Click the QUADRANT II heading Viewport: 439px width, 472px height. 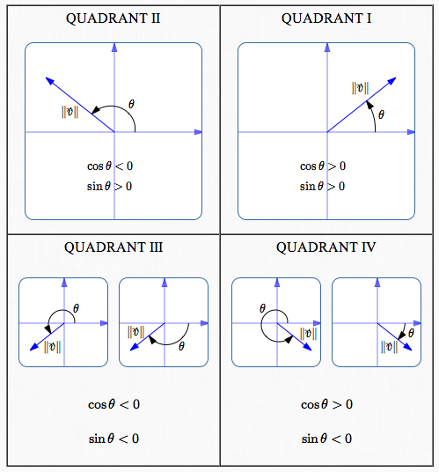[x=113, y=18]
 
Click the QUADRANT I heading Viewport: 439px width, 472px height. [x=326, y=18]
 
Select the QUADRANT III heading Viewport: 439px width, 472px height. [x=113, y=247]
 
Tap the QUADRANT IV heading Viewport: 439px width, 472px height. [x=326, y=247]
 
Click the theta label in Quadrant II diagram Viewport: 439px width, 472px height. [x=132, y=104]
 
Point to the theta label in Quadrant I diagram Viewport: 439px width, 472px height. [x=381, y=113]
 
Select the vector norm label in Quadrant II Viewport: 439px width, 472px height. [x=70, y=112]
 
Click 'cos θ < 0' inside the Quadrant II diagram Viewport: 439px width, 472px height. [x=110, y=166]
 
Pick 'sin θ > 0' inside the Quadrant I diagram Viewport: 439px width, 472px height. [x=323, y=186]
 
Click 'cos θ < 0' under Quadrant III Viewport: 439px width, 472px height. [x=113, y=404]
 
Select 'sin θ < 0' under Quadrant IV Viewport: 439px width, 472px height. [x=326, y=438]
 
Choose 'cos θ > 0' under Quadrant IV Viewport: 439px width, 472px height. [x=326, y=404]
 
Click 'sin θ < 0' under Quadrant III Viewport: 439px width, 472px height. [x=113, y=438]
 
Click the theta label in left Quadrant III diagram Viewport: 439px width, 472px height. [x=76, y=308]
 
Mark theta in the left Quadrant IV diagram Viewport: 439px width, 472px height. [x=262, y=308]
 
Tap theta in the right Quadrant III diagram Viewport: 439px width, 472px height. [x=181, y=346]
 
